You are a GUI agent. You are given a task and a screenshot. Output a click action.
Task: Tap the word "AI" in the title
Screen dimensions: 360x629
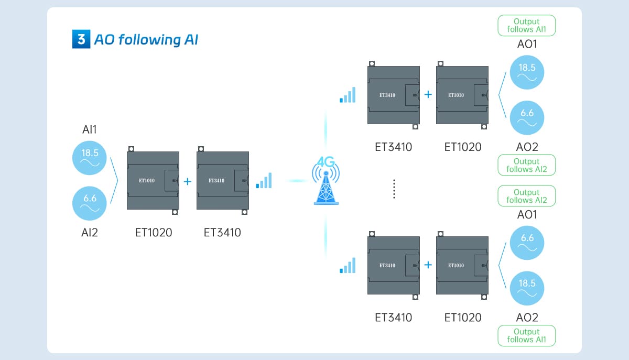(191, 40)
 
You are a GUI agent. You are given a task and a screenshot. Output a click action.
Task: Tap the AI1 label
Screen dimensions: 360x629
(89, 129)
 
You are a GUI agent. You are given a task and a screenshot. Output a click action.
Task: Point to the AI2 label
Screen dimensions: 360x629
(90, 232)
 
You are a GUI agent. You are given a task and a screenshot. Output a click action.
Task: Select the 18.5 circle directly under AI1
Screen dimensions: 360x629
(90, 158)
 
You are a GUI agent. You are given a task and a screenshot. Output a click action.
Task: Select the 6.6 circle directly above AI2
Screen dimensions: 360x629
(90, 203)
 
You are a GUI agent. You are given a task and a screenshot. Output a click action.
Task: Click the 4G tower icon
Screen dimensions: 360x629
(326, 181)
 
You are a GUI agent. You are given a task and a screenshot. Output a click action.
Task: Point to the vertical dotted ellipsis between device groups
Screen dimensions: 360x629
(394, 189)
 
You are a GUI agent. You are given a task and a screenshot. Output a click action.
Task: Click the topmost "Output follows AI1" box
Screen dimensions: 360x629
(526, 25)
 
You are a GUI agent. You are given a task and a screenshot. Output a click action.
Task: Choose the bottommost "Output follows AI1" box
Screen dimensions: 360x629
(526, 335)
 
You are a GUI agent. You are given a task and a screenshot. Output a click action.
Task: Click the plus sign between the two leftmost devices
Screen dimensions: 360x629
(188, 181)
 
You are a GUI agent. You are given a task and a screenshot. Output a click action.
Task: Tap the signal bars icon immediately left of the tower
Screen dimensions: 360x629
(264, 181)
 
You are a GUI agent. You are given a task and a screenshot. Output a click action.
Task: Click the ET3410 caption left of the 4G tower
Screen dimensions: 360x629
(222, 232)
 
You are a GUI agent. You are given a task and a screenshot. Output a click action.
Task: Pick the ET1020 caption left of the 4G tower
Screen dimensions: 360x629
(153, 232)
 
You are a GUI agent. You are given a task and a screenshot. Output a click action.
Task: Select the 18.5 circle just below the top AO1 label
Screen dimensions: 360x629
(527, 72)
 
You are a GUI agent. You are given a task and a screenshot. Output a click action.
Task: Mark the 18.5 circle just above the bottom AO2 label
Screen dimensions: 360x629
(527, 288)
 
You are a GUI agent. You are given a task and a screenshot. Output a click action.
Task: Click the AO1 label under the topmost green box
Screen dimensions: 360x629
(527, 45)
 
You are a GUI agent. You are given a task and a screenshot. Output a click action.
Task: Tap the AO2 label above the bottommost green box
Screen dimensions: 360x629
(527, 317)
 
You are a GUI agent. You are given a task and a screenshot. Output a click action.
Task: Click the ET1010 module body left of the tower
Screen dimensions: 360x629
(153, 181)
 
